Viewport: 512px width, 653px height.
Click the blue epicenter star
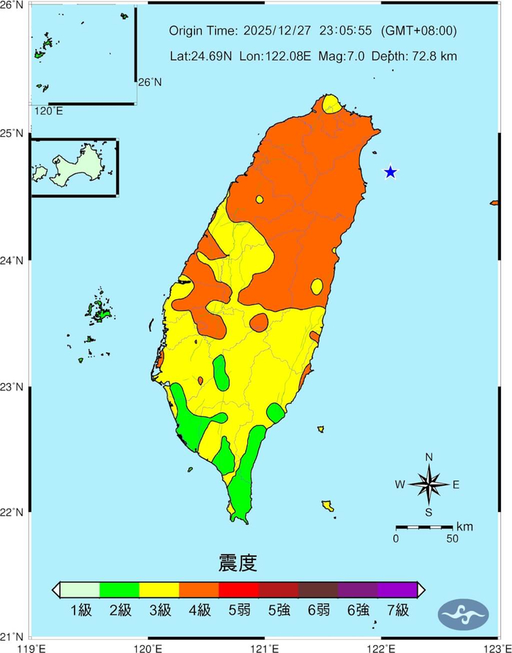pos(391,172)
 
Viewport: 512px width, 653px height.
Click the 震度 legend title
pos(238,563)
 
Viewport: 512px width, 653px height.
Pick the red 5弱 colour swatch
pos(239,589)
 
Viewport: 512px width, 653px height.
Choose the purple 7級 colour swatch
pos(397,589)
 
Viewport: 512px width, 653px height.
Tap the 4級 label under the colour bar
pos(199,610)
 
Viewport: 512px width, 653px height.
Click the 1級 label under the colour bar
pos(81,610)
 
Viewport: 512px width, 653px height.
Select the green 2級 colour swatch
pos(119,589)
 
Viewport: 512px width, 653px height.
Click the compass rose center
pos(429,484)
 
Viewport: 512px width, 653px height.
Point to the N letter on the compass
pos(429,458)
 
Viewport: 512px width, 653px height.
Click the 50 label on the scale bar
pos(452,539)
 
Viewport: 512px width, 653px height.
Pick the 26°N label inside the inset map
pos(150,82)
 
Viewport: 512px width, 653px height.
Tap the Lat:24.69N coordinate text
pos(198,56)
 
